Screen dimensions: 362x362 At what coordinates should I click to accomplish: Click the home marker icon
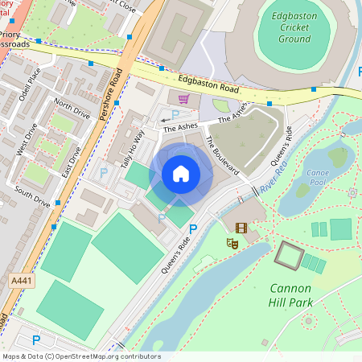click(x=181, y=174)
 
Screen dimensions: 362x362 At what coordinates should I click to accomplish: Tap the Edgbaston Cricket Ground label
click(x=294, y=27)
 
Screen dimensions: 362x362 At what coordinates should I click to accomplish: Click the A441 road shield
click(x=22, y=280)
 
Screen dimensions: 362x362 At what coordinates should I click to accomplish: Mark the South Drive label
click(x=33, y=200)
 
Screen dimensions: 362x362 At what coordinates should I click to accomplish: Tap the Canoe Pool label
click(x=318, y=177)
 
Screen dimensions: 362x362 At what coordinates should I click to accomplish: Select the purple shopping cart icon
click(x=183, y=99)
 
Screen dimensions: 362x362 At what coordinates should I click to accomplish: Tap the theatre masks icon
click(x=232, y=242)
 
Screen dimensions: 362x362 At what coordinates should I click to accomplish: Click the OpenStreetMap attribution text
click(x=80, y=356)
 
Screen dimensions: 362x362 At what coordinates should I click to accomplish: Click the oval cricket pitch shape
click(x=295, y=30)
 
